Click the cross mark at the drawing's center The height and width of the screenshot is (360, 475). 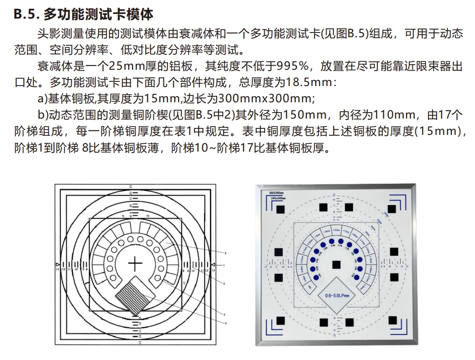pos(135,264)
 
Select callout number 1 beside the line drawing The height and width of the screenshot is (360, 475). pos(224,265)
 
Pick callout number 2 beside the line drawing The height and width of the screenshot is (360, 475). pos(225,253)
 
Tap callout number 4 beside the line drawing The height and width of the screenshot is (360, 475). pos(226,323)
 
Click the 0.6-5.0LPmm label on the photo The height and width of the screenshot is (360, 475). pos(336,295)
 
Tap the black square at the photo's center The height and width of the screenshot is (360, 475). pos(335,265)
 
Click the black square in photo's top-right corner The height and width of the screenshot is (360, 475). pos(392,209)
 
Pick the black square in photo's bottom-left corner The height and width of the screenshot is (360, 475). pos(280,320)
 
